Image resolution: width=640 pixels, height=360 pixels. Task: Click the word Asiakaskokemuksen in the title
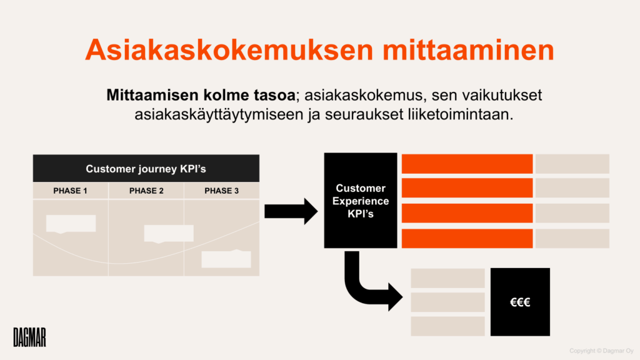tap(229, 50)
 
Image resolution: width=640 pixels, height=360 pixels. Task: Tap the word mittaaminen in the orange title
tap(468, 50)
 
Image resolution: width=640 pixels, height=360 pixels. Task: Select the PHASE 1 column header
tap(70, 191)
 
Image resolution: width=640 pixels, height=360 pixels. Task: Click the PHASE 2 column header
tap(146, 191)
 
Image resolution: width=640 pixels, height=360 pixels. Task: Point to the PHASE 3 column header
tap(222, 191)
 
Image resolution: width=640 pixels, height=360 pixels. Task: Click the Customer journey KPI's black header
tap(146, 168)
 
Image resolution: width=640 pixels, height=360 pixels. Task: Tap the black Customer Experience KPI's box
tap(361, 201)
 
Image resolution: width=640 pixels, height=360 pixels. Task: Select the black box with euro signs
tap(520, 302)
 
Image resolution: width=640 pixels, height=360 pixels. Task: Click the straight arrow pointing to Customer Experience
tap(291, 211)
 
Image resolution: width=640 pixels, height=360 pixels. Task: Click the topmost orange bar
tap(467, 164)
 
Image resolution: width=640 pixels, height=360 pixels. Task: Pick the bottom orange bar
tap(467, 238)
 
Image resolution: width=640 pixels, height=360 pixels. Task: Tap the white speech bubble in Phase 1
tap(71, 224)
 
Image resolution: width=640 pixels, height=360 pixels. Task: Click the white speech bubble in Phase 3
tap(226, 258)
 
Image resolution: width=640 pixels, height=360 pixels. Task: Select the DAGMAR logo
tap(30, 337)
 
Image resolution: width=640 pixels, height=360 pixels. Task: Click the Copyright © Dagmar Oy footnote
tap(601, 351)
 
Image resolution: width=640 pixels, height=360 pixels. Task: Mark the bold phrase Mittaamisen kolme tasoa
tap(201, 95)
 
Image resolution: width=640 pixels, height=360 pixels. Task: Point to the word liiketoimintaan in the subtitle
tap(461, 114)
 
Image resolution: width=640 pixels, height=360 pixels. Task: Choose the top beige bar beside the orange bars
tap(572, 164)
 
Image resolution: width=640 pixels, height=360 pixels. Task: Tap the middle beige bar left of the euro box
tap(447, 302)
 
